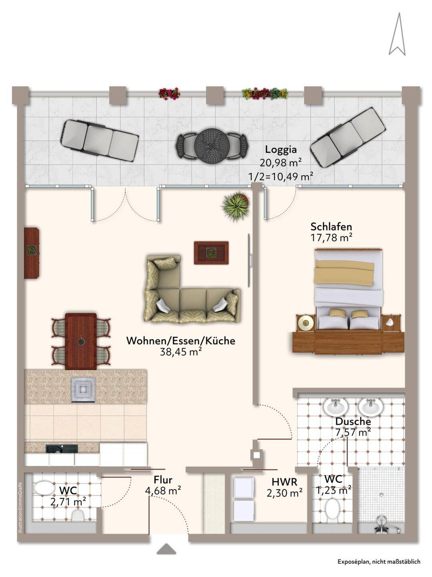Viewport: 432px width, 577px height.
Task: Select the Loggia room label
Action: pos(281,149)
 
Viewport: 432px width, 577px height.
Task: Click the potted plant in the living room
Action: pos(235,206)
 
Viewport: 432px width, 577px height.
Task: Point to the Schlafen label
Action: pos(331,226)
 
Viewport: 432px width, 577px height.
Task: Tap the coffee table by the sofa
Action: pos(211,252)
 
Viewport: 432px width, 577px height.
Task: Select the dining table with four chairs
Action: pos(80,341)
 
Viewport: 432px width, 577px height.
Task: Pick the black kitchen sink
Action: pos(62,448)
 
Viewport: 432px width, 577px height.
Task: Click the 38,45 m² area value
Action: pos(181,352)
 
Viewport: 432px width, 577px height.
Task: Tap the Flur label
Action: pos(163,480)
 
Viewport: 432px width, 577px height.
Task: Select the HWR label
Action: pos(284,482)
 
